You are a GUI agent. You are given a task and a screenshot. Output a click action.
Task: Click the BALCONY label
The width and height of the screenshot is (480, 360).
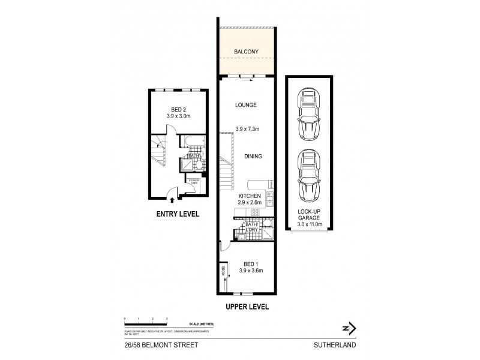click(x=247, y=52)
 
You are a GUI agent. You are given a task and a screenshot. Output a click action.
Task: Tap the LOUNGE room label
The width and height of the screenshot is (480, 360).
click(x=246, y=105)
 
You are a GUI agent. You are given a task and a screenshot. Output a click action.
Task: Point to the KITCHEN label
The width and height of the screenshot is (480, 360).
click(x=249, y=196)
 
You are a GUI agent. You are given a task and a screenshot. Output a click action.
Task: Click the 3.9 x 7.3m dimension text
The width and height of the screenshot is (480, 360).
click(x=246, y=128)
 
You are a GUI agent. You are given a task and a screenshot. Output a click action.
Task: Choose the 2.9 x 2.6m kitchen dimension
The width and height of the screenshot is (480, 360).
click(x=249, y=203)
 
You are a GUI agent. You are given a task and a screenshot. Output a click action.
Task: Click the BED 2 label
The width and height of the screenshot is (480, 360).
click(x=178, y=109)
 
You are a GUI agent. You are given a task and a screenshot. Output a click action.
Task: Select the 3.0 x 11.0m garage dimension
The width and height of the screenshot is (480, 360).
click(x=310, y=225)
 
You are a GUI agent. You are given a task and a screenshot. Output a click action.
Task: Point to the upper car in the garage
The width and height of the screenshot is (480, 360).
click(x=310, y=113)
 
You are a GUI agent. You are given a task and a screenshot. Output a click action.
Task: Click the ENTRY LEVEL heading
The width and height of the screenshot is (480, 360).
click(x=178, y=214)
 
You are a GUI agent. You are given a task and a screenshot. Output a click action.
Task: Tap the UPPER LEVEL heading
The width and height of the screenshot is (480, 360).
click(x=247, y=307)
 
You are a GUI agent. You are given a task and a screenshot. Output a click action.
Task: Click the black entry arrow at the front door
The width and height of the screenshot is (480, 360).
click(x=173, y=202)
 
